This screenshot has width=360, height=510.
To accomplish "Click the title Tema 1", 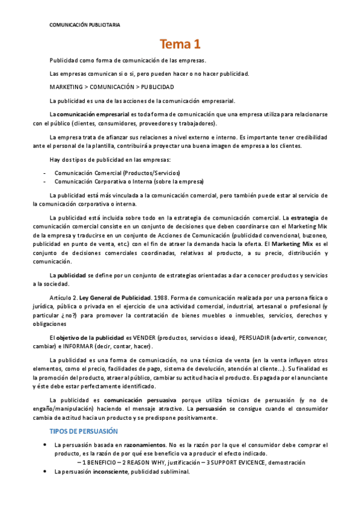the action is pos(180,44).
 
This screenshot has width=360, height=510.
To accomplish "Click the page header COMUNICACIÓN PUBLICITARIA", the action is pos(84,25).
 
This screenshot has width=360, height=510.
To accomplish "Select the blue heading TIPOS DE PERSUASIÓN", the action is pos(83,432).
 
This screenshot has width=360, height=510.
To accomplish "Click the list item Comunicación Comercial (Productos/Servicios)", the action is pos(117,173).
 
